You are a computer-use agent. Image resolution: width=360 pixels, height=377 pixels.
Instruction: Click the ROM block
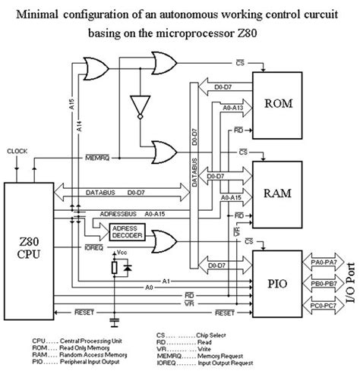(x=280, y=102)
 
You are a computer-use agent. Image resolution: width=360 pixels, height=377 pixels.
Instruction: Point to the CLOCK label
(x=17, y=151)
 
